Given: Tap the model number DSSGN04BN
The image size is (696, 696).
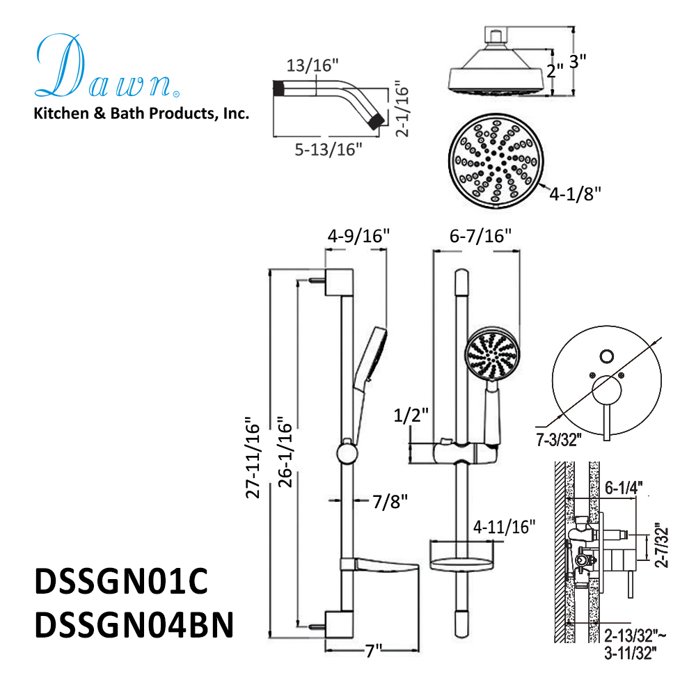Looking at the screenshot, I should coord(133,623).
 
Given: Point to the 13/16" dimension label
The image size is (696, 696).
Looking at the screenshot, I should coord(313,65).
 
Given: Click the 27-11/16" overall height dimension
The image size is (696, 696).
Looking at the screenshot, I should coord(255,460).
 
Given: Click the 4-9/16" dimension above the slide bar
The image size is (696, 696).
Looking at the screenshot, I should coord(357,237).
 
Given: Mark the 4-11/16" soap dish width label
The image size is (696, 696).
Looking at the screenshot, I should coord(505,526).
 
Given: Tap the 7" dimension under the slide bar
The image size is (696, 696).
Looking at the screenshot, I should coord(374,652).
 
